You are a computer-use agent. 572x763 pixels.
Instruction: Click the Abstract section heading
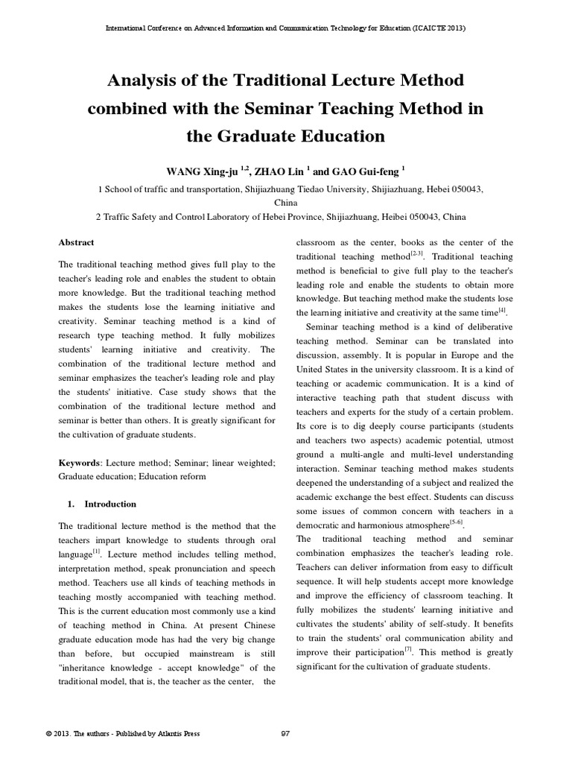pyautogui.click(x=76, y=243)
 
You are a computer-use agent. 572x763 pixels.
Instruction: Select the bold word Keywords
pyautogui.click(x=79, y=462)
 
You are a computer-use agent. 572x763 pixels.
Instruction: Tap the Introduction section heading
pyautogui.click(x=110, y=504)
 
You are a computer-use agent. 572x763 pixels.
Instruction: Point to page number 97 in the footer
pyautogui.click(x=285, y=733)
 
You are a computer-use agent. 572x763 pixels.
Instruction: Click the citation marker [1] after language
pyautogui.click(x=96, y=551)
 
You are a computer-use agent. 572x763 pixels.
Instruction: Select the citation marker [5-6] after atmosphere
pyautogui.click(x=456, y=523)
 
